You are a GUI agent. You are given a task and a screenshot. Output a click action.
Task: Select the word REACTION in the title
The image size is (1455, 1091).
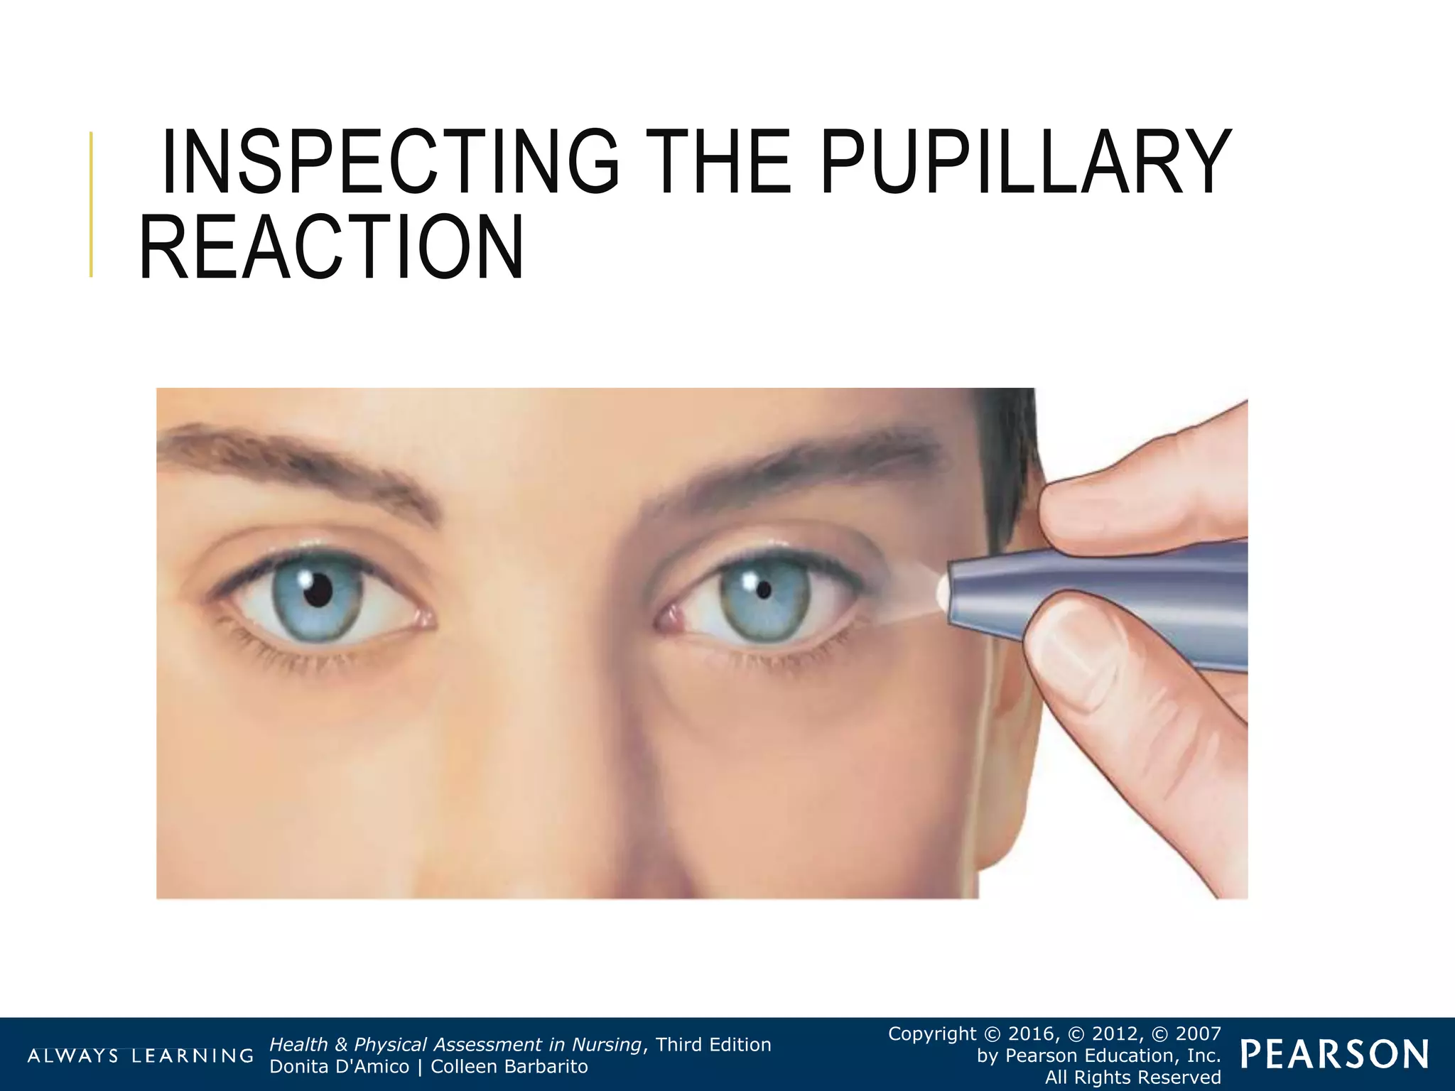pos(332,248)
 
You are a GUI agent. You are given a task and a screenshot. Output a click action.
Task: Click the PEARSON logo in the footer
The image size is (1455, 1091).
pos(1335,1055)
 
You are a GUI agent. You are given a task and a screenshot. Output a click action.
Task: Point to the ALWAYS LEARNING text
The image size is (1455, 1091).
pos(140,1055)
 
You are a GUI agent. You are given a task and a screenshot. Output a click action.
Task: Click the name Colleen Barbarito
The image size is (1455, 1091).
pos(509,1067)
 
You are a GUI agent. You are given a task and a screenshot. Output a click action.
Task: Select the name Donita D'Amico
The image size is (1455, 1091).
pos(340,1067)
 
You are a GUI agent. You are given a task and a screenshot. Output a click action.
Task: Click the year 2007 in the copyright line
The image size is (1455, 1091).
pos(1197,1033)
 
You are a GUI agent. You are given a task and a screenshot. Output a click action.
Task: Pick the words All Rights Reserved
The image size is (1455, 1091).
pos(1132,1078)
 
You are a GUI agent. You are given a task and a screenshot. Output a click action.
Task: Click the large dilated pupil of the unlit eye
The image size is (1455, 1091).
pos(318,590)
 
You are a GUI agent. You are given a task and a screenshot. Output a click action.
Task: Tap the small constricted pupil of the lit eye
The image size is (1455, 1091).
pos(764,590)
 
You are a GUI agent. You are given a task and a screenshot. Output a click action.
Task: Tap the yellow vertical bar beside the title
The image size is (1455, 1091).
pos(91,205)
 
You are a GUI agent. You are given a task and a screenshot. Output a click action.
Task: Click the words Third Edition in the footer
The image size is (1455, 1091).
pos(713,1045)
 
